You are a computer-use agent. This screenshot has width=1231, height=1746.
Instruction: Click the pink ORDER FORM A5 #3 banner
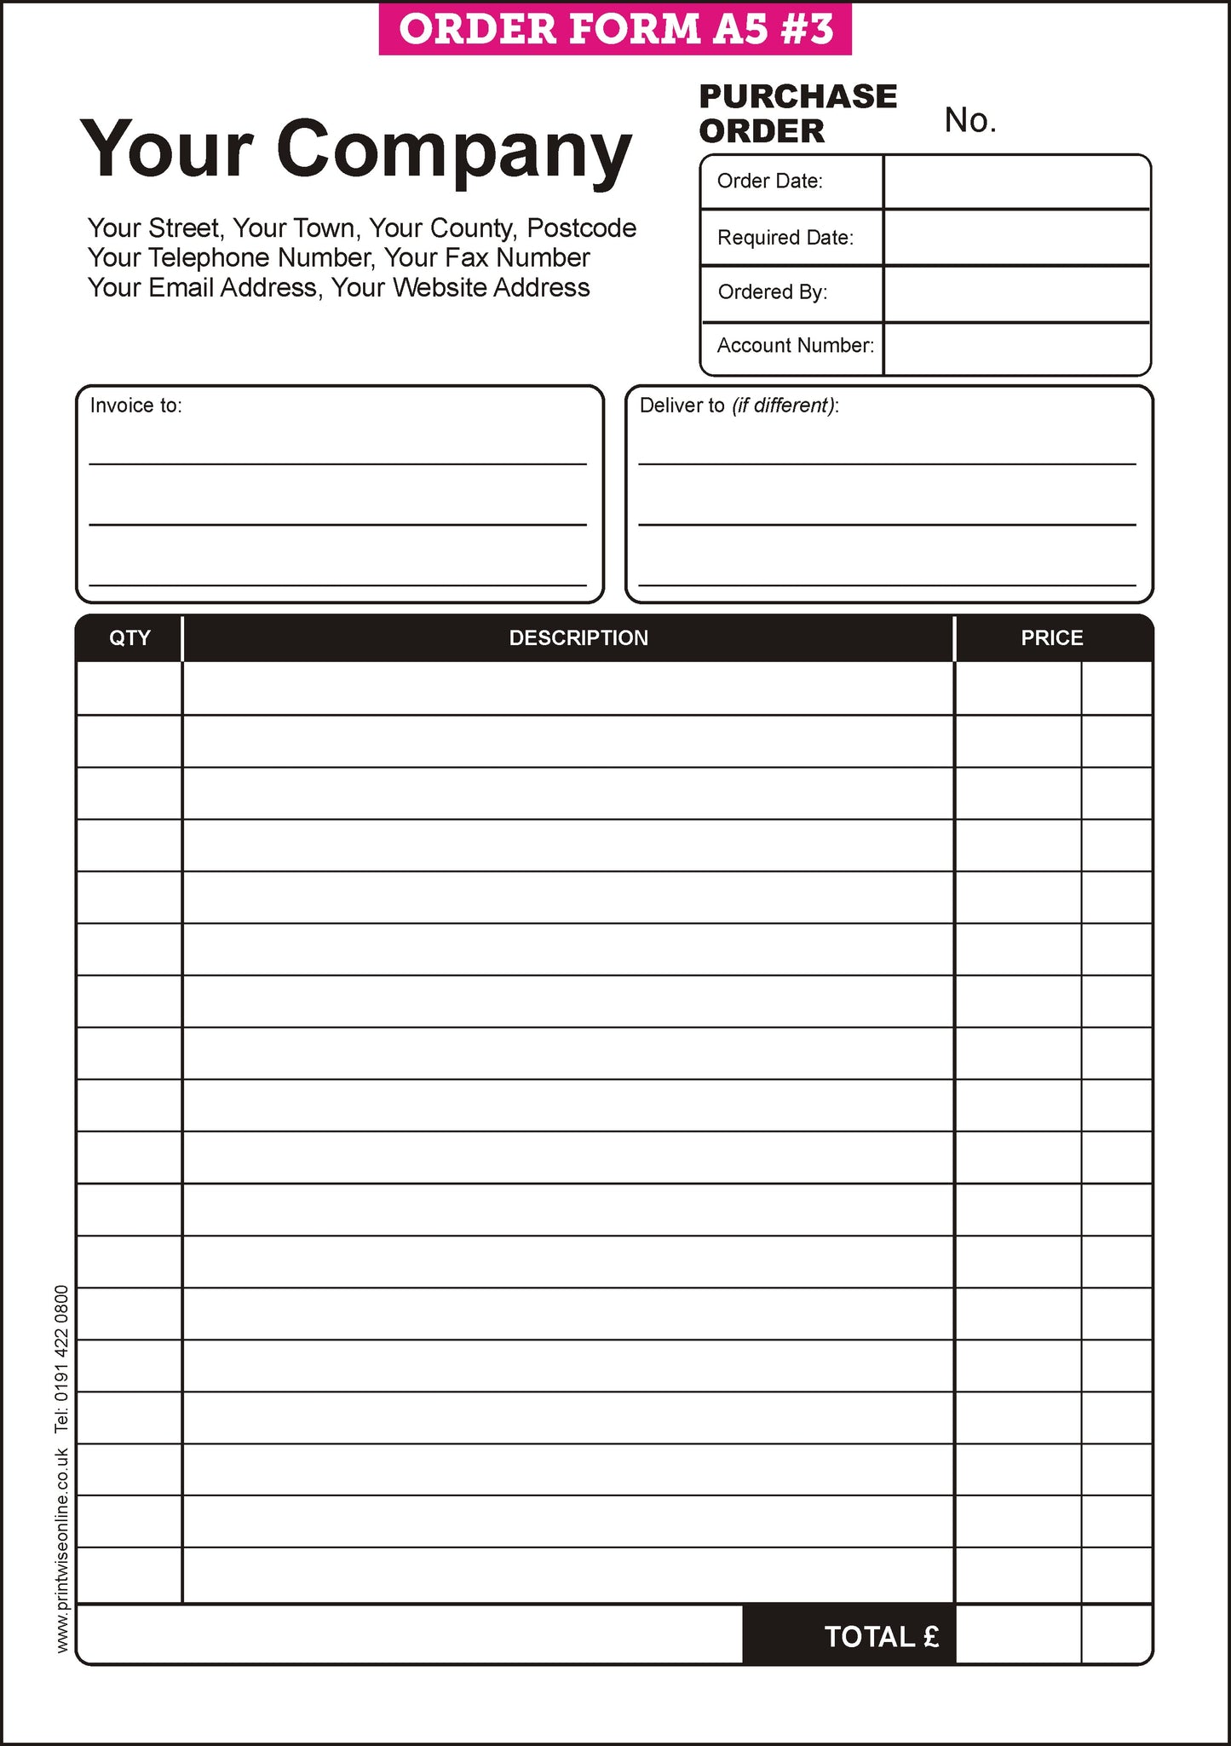[x=615, y=29]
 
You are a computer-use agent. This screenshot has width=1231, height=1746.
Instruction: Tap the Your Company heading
[x=356, y=150]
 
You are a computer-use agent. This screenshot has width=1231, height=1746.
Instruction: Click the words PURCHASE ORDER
[x=797, y=113]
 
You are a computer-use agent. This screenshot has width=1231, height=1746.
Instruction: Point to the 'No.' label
[x=969, y=121]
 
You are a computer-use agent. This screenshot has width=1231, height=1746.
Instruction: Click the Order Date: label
[x=769, y=181]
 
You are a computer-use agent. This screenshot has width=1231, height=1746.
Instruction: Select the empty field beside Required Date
[x=1016, y=237]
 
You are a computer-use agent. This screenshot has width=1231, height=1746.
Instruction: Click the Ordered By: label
[x=772, y=292]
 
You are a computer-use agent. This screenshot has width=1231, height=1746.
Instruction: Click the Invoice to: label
[x=136, y=406]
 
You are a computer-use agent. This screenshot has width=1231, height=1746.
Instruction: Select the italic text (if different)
[x=783, y=406]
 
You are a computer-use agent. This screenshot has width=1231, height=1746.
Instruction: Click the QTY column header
[x=129, y=638]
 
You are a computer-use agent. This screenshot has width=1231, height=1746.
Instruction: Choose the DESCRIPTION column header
[x=578, y=638]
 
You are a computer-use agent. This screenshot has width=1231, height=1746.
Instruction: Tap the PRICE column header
[x=1052, y=638]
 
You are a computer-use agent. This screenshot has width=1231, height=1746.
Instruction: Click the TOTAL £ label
[x=881, y=1636]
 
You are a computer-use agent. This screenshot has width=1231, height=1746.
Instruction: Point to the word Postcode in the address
[x=581, y=228]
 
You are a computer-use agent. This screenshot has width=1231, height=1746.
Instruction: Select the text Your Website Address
[x=460, y=288]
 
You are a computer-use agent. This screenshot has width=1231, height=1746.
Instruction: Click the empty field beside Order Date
[x=1016, y=182]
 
